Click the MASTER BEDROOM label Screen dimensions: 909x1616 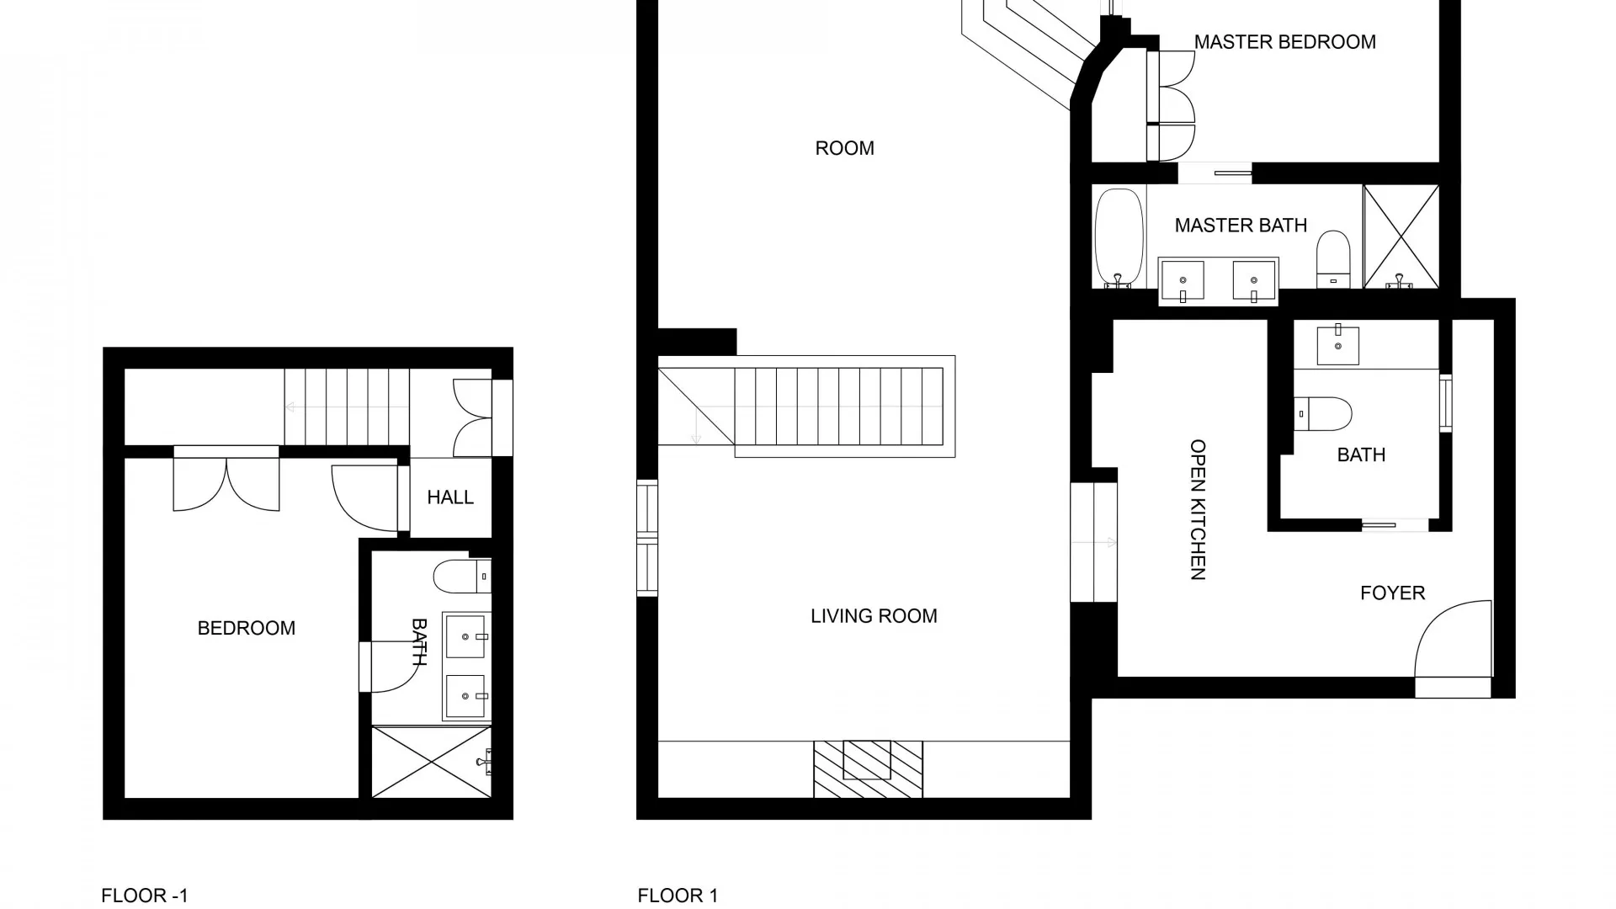pos(1284,42)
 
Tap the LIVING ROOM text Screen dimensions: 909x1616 pos(874,616)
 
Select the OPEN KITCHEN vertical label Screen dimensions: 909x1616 pos(1198,509)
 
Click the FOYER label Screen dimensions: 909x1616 pos(1392,593)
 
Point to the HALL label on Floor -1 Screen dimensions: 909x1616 pos(450,497)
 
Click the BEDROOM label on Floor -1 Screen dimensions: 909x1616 pos(246,628)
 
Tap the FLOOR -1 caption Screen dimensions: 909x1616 pos(145,896)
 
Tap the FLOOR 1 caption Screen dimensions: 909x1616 pos(678,896)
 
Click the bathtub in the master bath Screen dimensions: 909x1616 pos(1119,237)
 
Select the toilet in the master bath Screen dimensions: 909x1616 pos(1333,258)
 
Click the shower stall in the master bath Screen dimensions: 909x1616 pos(1401,237)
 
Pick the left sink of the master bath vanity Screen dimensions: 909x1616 pos(1183,280)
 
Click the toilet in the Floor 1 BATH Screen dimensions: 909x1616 pos(1323,414)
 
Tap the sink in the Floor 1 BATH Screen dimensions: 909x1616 pos(1337,345)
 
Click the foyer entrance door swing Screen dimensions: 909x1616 pos(1454,640)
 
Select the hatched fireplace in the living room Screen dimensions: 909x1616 pos(868,768)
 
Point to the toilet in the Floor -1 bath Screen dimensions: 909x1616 pos(461,577)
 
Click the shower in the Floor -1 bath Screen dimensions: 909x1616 pos(431,762)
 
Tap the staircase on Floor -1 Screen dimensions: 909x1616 pos(347,407)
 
